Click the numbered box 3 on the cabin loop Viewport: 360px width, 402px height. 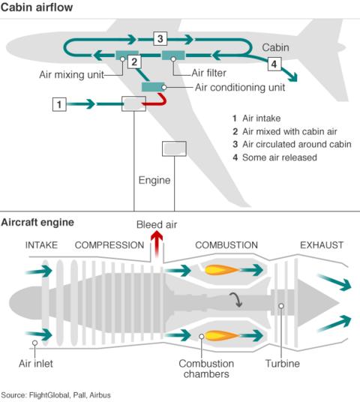pos(160,37)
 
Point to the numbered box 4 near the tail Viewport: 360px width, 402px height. pos(275,64)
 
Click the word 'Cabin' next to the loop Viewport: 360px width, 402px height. pos(276,46)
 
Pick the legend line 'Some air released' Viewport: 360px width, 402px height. pos(275,157)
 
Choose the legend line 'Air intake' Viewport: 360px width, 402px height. pos(258,118)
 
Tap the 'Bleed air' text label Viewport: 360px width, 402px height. pos(157,225)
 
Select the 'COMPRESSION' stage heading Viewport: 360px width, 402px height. pos(109,245)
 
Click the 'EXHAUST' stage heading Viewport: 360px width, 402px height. pos(321,245)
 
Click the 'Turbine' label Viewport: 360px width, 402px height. pos(282,364)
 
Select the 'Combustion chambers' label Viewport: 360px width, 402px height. pos(205,369)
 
